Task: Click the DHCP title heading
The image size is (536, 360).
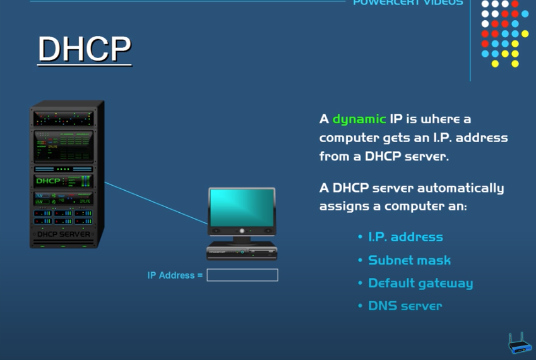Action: [x=85, y=49]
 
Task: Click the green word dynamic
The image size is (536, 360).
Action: [x=359, y=119]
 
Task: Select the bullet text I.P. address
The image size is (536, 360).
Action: [x=405, y=237]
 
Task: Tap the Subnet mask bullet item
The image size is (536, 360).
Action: [x=409, y=260]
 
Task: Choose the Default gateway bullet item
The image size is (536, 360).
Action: [x=420, y=283]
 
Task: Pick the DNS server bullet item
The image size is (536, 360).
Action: [x=405, y=306]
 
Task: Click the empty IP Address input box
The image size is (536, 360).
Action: [x=242, y=275]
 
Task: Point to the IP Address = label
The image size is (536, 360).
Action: [x=175, y=275]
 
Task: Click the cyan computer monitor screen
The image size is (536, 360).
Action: [x=242, y=208]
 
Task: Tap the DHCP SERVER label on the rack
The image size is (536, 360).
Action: [x=64, y=234]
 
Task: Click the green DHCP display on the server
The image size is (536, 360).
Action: [x=48, y=181]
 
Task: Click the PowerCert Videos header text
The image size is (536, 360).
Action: [x=407, y=3]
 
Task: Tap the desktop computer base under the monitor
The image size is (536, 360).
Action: [x=242, y=251]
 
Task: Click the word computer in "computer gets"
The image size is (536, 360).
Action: [x=349, y=138]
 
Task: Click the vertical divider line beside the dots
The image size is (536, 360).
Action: [x=470, y=40]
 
